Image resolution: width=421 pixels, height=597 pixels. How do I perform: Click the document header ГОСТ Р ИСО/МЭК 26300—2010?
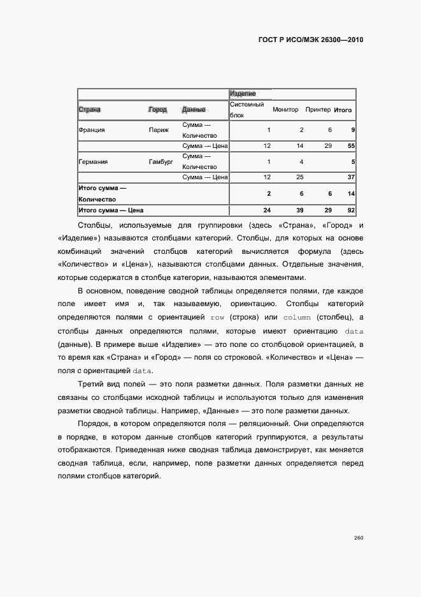pos(311,40)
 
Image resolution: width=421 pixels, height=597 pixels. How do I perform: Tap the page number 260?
pos(358,538)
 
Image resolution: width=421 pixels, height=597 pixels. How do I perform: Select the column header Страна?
pos(90,110)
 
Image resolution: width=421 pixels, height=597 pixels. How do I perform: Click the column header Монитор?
pos(285,110)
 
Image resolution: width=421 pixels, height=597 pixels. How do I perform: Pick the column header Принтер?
pos(318,110)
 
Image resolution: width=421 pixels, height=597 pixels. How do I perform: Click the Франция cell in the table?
pos(92,130)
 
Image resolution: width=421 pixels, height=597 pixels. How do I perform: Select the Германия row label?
pos(93,162)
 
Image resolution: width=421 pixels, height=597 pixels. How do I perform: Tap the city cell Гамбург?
pos(161,162)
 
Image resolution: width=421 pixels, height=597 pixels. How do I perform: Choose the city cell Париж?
pos(159,130)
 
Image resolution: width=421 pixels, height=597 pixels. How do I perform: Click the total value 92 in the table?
pos(351,210)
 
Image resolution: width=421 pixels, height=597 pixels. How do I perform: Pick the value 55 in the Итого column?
pos(351,146)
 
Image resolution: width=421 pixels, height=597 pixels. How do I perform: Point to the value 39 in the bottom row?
pos(299,210)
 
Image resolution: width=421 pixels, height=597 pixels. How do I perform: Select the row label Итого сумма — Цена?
pos(111,210)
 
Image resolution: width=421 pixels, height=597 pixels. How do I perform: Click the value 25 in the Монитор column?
pos(299,177)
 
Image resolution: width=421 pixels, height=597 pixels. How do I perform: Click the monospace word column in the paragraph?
pos(297,317)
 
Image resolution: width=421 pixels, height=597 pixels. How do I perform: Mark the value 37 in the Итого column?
pos(351,177)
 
